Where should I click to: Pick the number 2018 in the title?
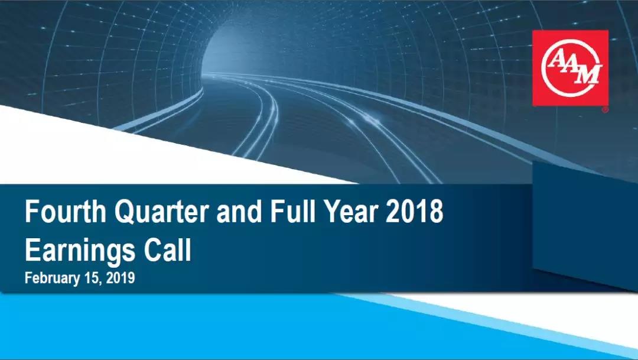tap(414, 212)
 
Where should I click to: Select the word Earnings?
tap(80, 251)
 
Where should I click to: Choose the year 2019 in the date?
tap(121, 278)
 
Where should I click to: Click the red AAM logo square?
tap(571, 68)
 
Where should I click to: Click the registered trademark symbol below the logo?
tap(606, 109)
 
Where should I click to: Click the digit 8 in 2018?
tap(436, 212)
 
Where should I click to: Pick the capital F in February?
tap(28, 278)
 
